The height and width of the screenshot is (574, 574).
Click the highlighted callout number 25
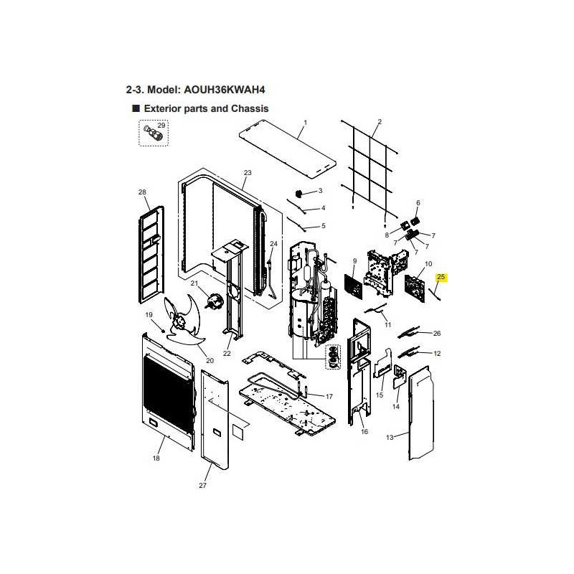click(x=441, y=277)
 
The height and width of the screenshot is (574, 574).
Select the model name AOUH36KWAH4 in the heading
click(x=224, y=90)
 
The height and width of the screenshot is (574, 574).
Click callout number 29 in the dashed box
click(x=161, y=125)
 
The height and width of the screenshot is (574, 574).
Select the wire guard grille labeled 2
click(x=370, y=169)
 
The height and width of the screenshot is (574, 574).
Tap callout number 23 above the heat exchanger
click(x=248, y=172)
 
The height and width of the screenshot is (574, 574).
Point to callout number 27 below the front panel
click(x=202, y=486)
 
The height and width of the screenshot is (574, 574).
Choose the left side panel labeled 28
click(x=151, y=255)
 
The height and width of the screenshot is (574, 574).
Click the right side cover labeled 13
click(x=421, y=413)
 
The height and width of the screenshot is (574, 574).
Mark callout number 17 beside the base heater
click(x=329, y=397)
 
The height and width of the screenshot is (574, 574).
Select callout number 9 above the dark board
click(x=354, y=261)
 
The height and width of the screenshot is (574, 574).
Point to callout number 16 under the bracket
click(x=364, y=432)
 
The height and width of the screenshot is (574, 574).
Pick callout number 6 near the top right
click(x=418, y=203)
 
